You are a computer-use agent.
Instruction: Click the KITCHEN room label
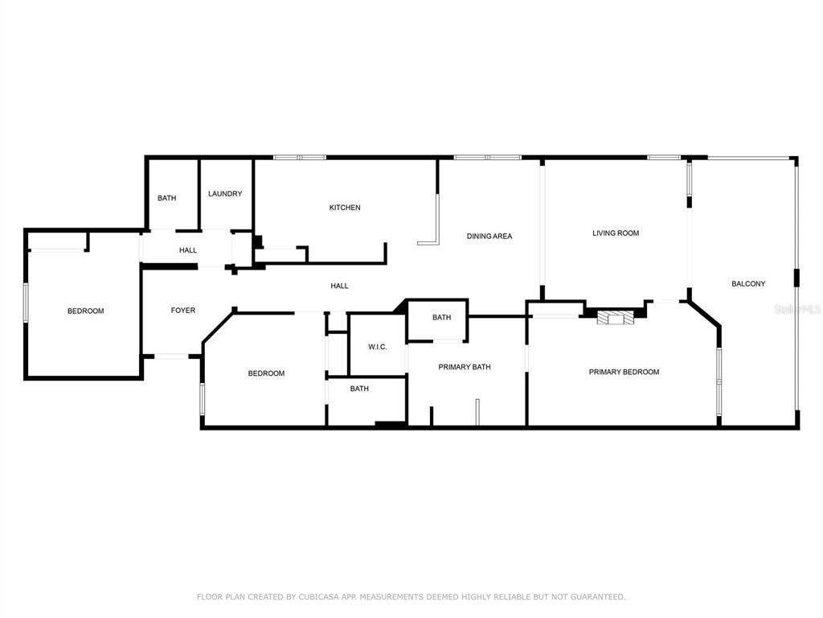coord(345,208)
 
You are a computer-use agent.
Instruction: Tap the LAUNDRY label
coord(225,194)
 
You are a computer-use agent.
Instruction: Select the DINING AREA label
coord(489,237)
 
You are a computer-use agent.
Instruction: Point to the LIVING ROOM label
coord(616,233)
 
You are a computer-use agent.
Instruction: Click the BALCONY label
coord(748,284)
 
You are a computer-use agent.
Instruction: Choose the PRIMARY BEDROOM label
coord(624,372)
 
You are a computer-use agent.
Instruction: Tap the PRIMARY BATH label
coord(465,367)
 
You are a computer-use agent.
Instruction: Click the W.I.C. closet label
coord(378,347)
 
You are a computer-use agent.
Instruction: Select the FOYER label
coord(183,311)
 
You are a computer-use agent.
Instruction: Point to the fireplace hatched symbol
coord(616,318)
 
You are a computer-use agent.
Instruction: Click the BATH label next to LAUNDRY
coord(167,198)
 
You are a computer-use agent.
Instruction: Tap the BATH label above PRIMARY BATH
coord(442,317)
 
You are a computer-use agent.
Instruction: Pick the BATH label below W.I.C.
coord(359,389)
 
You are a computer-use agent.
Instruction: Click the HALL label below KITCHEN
coord(340,286)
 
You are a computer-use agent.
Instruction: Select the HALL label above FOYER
coord(188,250)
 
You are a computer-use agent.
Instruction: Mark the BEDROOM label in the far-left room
coord(85,311)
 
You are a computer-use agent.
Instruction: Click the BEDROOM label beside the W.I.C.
coord(266,373)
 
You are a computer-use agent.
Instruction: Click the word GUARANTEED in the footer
coord(598,597)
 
